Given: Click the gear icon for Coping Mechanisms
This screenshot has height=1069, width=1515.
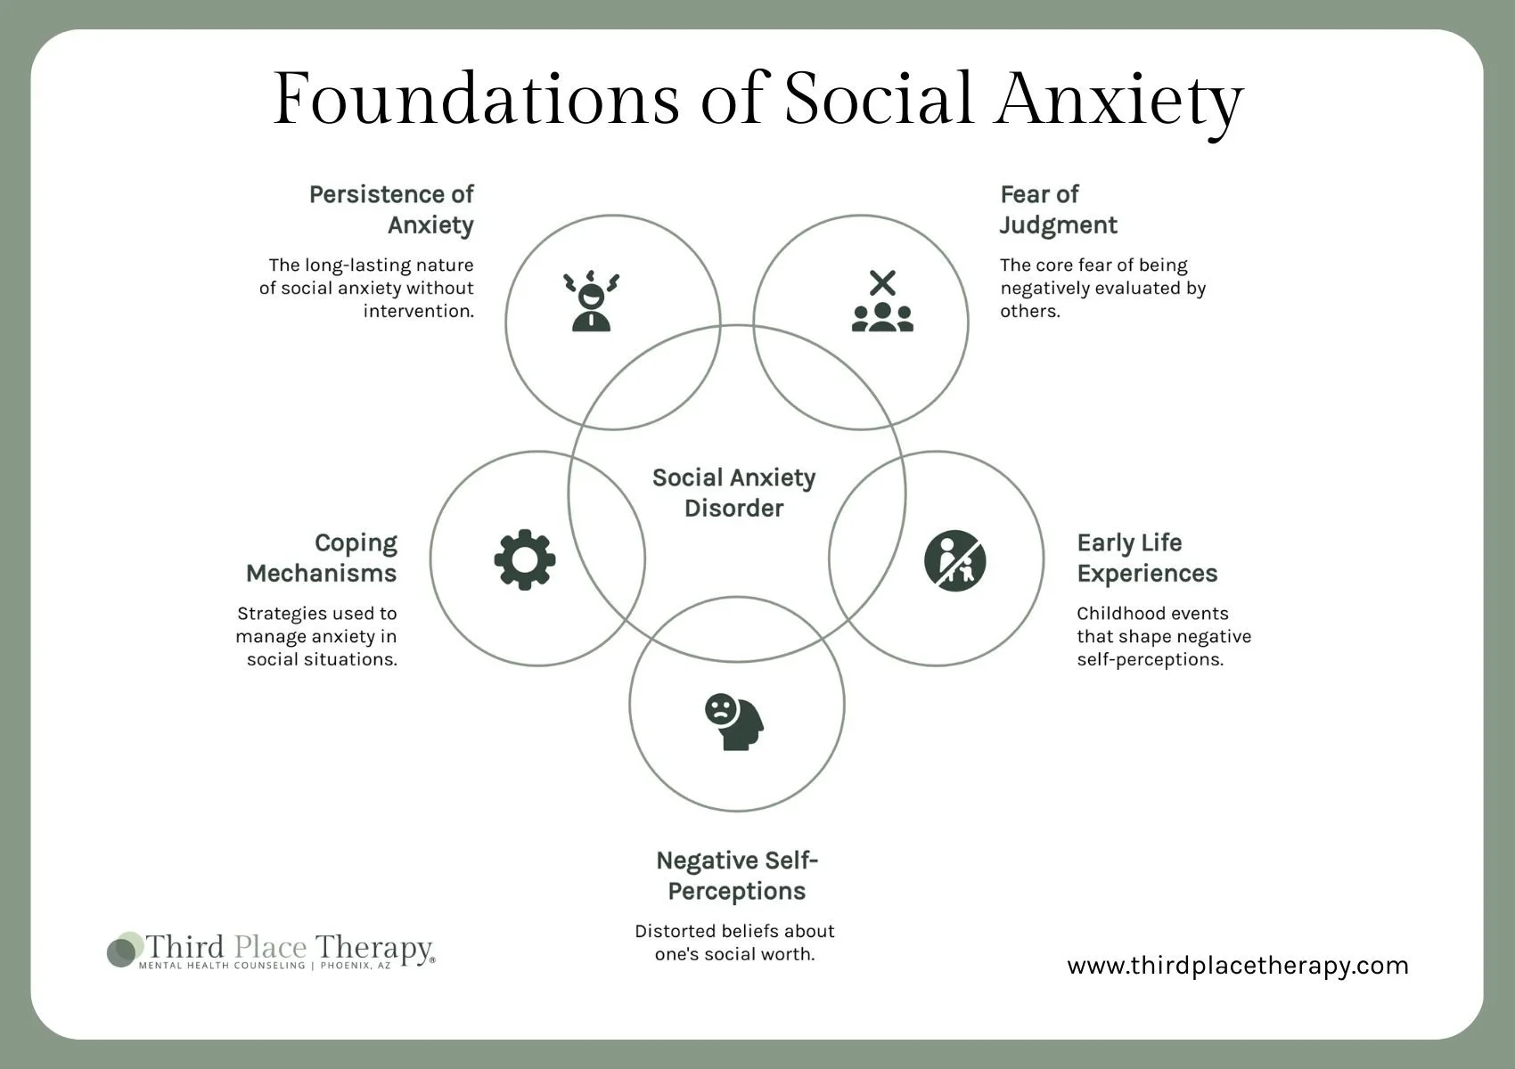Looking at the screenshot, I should pyautogui.click(x=525, y=559).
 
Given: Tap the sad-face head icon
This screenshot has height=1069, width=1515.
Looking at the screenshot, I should pyautogui.click(x=734, y=722).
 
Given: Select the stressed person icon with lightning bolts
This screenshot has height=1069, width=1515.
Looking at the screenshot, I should pyautogui.click(x=592, y=301).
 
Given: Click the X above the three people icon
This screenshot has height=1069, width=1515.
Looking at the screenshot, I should pyautogui.click(x=882, y=283).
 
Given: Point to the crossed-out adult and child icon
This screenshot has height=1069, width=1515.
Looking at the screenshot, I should pyautogui.click(x=954, y=560).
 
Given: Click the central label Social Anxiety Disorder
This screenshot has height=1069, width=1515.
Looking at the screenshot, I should pyautogui.click(x=734, y=493).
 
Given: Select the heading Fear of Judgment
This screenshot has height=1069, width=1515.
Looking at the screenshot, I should pyautogui.click(x=1058, y=209).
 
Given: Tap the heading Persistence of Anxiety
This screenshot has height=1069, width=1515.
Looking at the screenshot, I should pyautogui.click(x=392, y=209).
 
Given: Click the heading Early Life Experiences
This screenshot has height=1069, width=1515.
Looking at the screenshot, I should pyautogui.click(x=1147, y=558).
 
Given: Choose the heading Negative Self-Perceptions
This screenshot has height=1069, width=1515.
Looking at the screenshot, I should pyautogui.click(x=737, y=876).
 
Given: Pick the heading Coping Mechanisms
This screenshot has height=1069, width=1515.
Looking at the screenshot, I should pyautogui.click(x=322, y=558).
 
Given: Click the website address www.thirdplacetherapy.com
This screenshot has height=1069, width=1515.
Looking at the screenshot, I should pyautogui.click(x=1237, y=966).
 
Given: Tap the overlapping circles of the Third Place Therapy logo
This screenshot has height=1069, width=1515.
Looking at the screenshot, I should pyautogui.click(x=124, y=950).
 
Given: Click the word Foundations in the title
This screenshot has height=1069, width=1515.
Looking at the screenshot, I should pyautogui.click(x=476, y=98).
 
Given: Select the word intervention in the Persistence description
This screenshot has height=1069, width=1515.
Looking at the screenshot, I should pyautogui.click(x=418, y=311).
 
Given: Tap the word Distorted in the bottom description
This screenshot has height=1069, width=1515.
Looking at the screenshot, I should pyautogui.click(x=675, y=931).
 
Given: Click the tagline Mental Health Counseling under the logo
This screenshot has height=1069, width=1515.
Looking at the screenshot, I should pyautogui.click(x=222, y=966).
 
